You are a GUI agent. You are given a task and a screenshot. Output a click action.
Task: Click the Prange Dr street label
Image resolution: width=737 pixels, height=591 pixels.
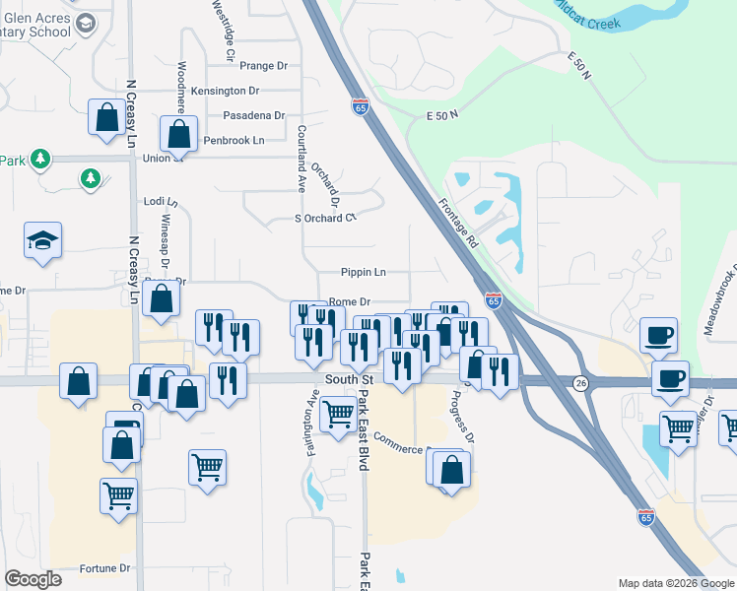(x=263, y=66)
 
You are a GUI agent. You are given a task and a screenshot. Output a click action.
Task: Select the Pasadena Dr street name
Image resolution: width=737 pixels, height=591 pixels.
(x=253, y=115)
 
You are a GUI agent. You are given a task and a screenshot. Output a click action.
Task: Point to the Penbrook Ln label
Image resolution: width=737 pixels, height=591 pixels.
(x=234, y=141)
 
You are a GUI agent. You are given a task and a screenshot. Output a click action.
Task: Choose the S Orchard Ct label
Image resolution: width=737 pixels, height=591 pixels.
(x=324, y=218)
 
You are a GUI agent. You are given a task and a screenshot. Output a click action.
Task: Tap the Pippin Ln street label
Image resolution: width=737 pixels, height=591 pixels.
(x=363, y=272)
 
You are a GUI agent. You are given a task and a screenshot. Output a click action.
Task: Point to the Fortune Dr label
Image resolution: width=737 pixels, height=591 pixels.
(x=104, y=568)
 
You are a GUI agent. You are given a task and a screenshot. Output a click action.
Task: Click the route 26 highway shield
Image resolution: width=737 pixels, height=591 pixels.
(x=582, y=382)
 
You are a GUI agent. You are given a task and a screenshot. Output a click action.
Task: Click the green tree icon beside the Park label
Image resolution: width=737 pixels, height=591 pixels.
(x=39, y=159)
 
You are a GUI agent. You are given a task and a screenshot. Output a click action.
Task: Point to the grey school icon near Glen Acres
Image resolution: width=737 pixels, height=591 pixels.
(x=86, y=22)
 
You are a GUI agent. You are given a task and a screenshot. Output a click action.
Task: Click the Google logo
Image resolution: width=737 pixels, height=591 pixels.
(x=33, y=579)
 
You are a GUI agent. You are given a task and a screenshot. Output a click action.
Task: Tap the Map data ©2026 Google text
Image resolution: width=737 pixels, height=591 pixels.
(x=675, y=583)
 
